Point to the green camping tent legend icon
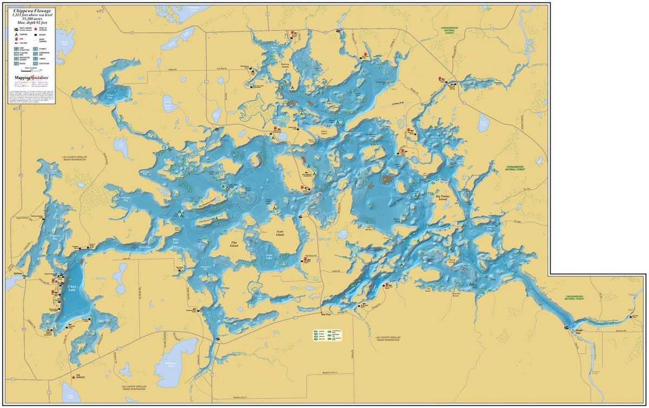(16, 34)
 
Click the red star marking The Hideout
(74, 377)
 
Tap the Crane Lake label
(110, 95)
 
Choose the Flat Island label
(234, 244)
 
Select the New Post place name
(325, 313)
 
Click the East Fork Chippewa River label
(617, 320)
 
